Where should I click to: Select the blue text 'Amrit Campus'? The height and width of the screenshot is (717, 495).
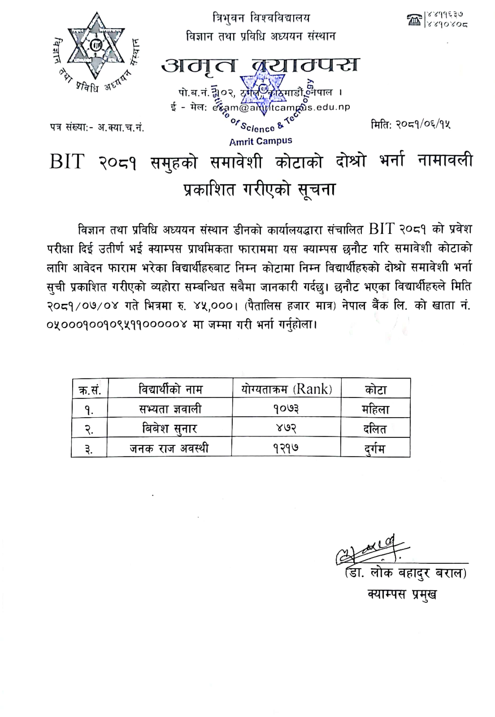click(x=260, y=141)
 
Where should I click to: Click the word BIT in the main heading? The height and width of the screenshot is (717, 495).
click(x=67, y=161)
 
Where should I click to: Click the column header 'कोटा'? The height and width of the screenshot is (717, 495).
click(x=376, y=389)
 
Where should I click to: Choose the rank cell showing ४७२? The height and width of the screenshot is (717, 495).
click(x=286, y=428)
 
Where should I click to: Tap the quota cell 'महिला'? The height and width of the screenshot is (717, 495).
click(x=375, y=409)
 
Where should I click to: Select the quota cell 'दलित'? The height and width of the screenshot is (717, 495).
click(x=375, y=429)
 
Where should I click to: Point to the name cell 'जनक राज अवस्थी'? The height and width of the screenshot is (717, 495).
click(x=169, y=448)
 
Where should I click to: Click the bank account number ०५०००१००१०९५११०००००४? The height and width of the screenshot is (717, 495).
click(x=117, y=325)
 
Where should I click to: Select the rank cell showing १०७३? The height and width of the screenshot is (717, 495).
click(x=286, y=409)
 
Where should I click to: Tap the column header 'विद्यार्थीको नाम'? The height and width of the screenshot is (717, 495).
click(x=170, y=389)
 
